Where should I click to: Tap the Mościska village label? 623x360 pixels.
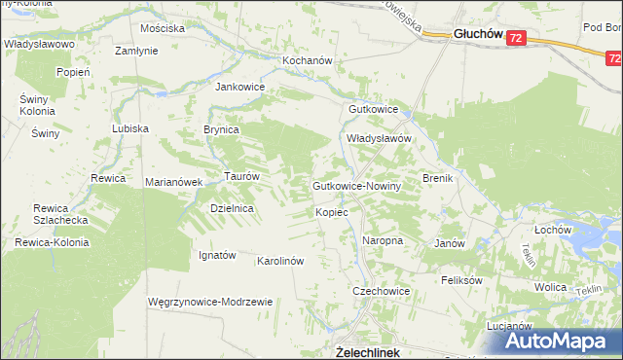pos(163,28)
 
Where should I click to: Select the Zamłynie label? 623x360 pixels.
pos(137,51)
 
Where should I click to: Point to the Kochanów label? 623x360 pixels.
pos(281,60)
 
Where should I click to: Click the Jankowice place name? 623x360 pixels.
pos(240,86)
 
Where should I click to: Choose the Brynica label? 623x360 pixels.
pos(221,128)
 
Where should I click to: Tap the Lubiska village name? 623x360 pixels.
pos(129,128)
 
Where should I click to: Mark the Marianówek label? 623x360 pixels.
pos(173,182)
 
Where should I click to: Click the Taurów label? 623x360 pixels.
pos(241,176)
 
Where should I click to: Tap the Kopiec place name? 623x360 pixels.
pos(332,211)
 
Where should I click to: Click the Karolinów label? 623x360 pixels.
pos(281,261)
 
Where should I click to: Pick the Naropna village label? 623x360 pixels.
pos(383,239)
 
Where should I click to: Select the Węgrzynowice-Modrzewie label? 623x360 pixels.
pos(209,302)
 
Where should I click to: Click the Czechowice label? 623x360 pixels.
pos(381,291)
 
